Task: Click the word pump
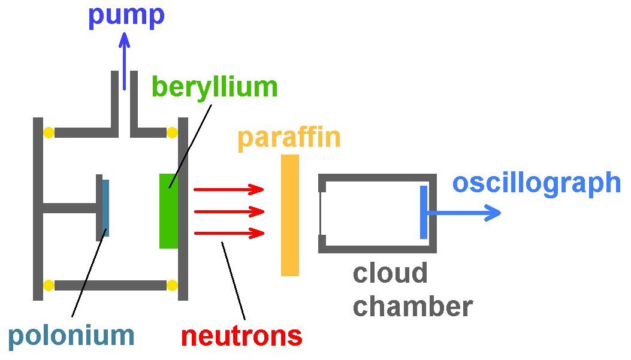click(126, 16)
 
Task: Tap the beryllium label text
click(215, 87)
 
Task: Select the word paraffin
click(289, 138)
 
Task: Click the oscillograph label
click(536, 183)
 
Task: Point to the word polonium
click(71, 336)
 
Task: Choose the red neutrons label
click(241, 337)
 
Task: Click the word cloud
click(390, 274)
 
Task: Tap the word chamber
click(412, 307)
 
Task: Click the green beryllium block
click(168, 210)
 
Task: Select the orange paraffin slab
click(290, 215)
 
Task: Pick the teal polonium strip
click(106, 207)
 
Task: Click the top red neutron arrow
click(228, 190)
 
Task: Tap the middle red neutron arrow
click(228, 211)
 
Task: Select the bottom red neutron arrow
click(228, 233)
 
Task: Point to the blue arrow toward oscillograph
click(464, 212)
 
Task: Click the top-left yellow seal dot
click(48, 132)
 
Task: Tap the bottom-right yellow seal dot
click(173, 285)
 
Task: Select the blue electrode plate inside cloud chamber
click(424, 212)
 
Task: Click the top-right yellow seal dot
click(173, 132)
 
